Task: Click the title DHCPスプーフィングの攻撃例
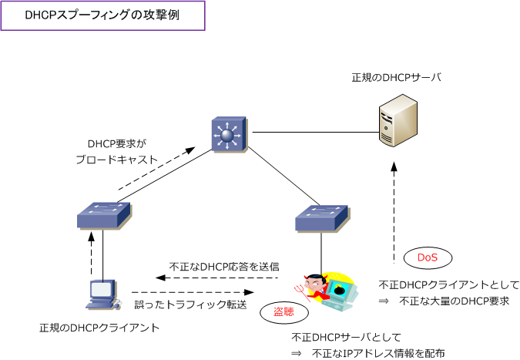pyautogui.click(x=102, y=15)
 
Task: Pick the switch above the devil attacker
pyautogui.click(x=321, y=219)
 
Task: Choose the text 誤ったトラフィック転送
pyautogui.click(x=190, y=304)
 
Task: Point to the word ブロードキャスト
pyautogui.click(x=116, y=160)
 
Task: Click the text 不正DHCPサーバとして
pyautogui.click(x=347, y=338)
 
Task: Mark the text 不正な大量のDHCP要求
pyautogui.click(x=455, y=301)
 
